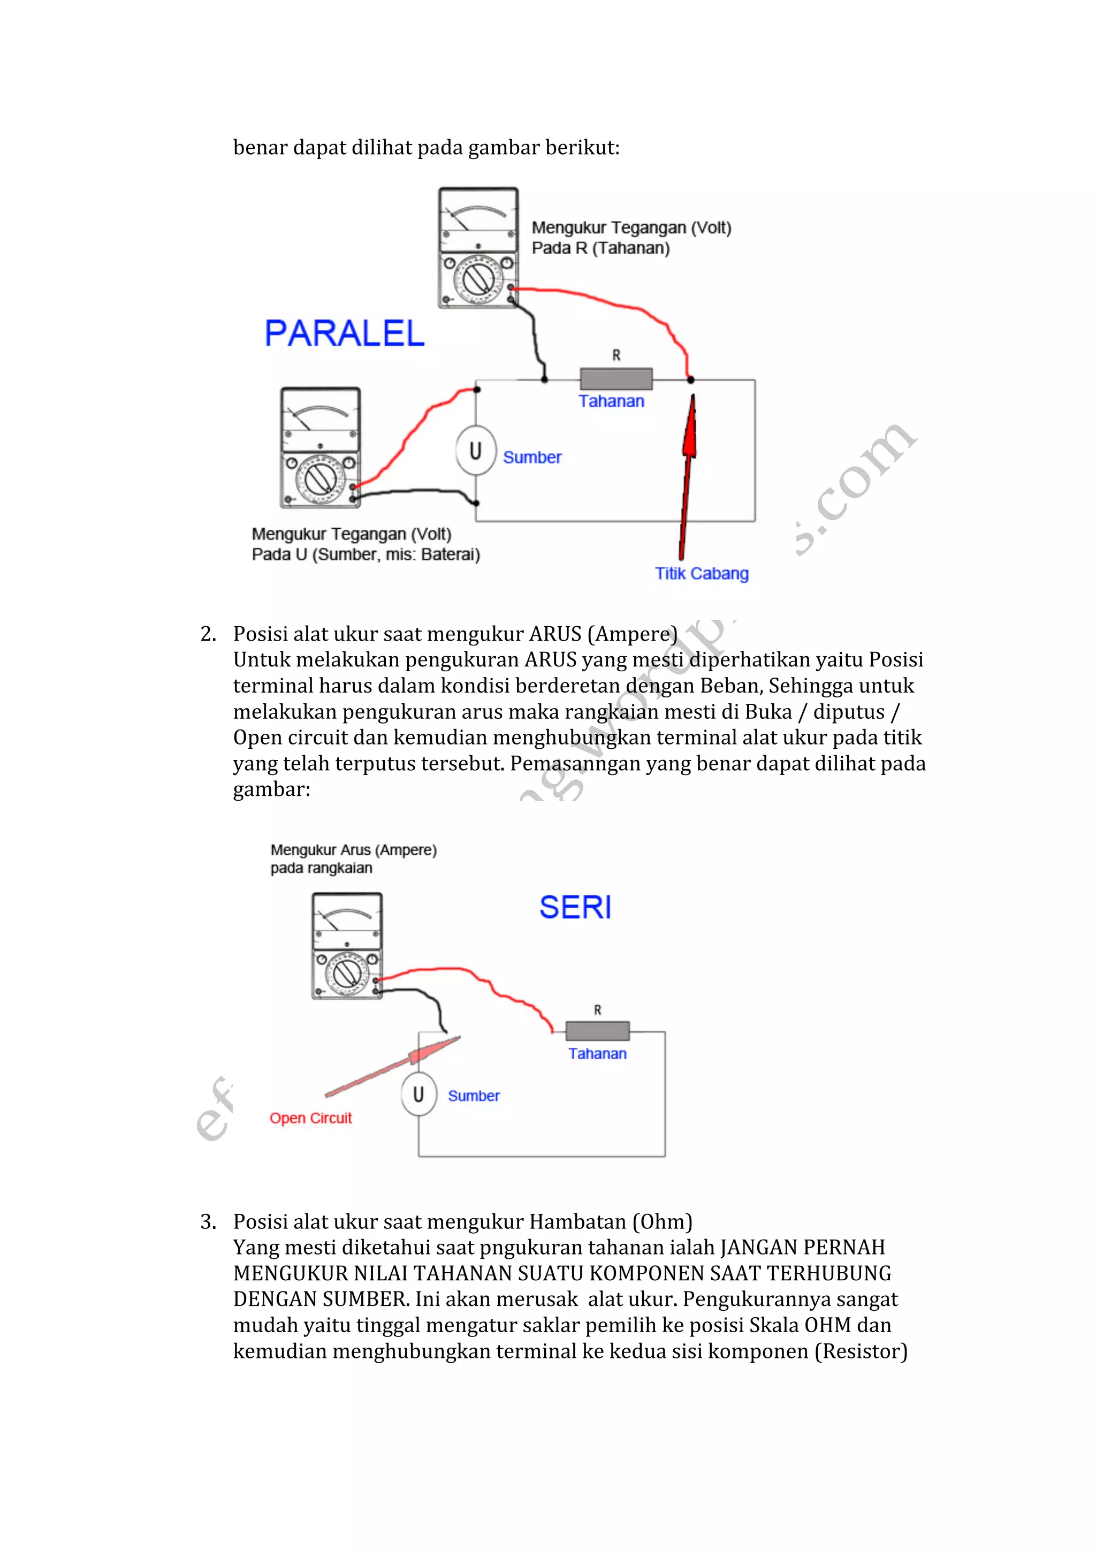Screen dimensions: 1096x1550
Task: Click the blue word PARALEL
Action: [x=344, y=333]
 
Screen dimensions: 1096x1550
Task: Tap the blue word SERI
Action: [x=575, y=907]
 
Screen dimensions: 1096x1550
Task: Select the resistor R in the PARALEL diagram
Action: [x=616, y=379]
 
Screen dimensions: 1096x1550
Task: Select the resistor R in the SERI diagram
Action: [x=597, y=1031]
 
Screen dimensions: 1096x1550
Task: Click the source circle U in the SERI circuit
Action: [x=418, y=1095]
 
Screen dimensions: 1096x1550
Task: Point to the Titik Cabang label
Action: [x=702, y=574]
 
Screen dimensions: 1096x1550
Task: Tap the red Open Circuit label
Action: [x=310, y=1119]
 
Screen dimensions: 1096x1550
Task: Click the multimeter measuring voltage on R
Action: [x=478, y=248]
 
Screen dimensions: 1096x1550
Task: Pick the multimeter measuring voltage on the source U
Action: [x=321, y=447]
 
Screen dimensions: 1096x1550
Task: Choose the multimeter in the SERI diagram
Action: [x=347, y=945]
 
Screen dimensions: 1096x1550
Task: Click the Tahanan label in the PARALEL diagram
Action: [x=612, y=401]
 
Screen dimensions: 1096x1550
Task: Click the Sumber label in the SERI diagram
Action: [x=474, y=1096]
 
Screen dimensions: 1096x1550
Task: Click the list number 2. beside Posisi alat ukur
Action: [x=208, y=634]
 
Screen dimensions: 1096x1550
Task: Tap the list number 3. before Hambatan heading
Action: [x=208, y=1222]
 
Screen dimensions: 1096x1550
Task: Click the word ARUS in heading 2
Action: [x=555, y=634]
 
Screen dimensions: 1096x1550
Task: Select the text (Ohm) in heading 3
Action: [x=662, y=1222]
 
